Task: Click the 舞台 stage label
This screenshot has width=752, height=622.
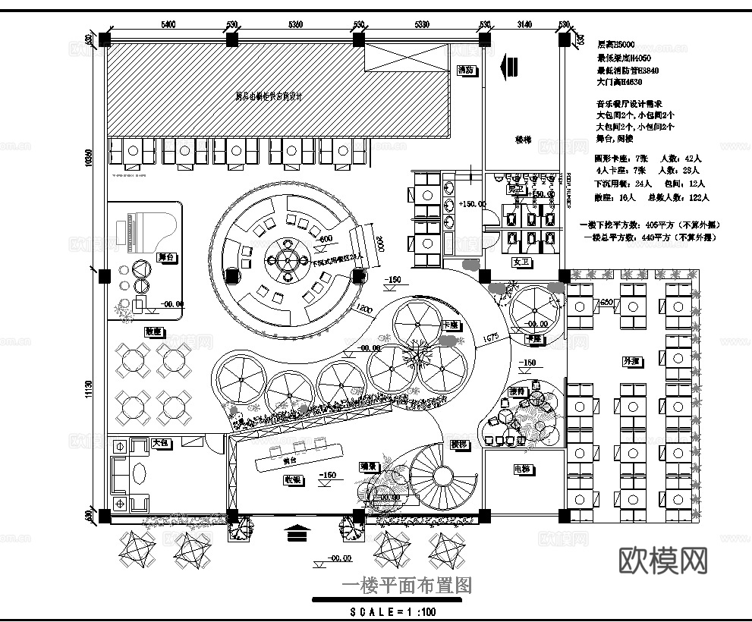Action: point(167,257)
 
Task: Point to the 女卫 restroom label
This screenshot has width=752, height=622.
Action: point(521,262)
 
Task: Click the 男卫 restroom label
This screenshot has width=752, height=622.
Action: point(516,189)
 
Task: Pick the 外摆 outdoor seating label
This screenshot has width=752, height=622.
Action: point(631,362)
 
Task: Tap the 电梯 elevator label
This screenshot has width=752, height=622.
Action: point(522,470)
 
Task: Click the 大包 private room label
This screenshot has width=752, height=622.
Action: point(160,442)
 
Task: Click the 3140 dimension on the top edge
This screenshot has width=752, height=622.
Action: point(524,24)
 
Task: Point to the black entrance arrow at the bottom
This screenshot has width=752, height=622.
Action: point(297,532)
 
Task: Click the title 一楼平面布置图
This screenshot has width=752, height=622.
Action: point(406,586)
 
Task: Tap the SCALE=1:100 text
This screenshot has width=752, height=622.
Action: point(393,611)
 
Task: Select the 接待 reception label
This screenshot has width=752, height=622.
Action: point(518,391)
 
